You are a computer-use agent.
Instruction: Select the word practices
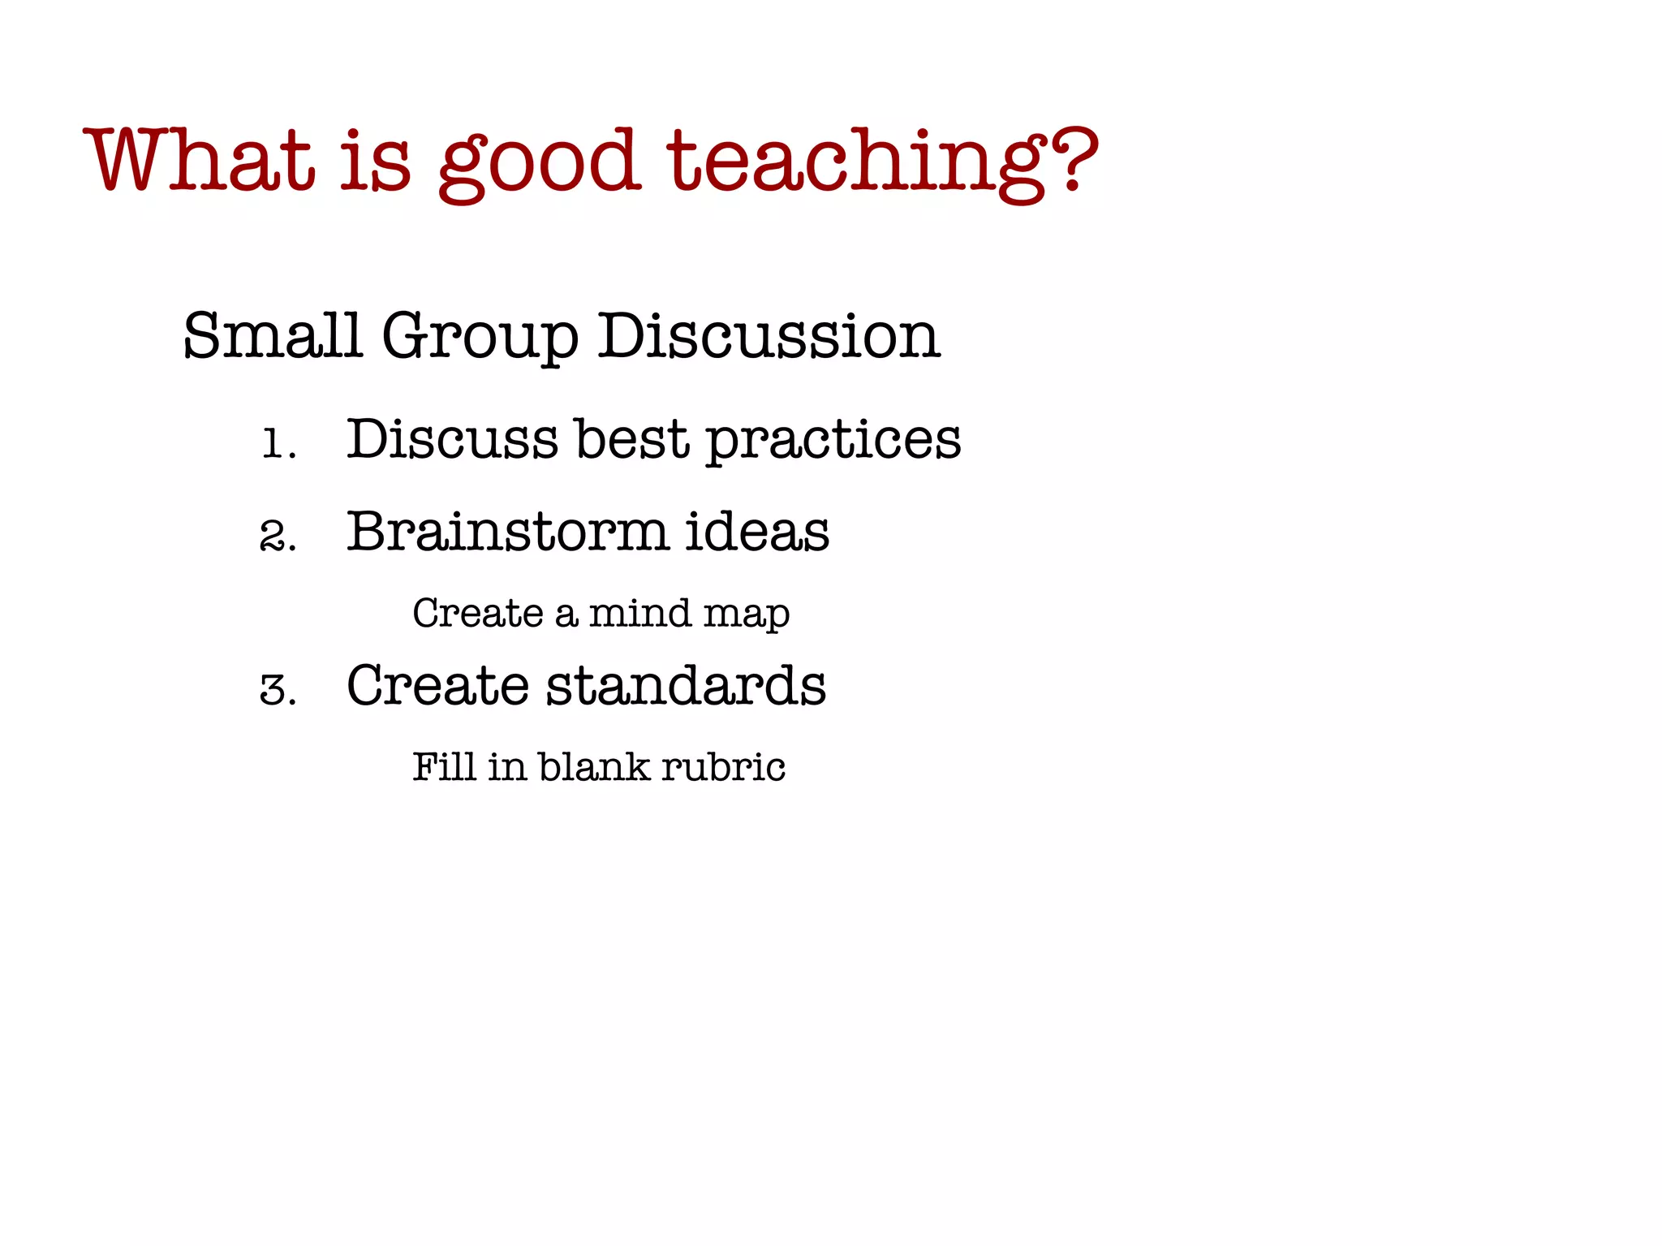point(833,442)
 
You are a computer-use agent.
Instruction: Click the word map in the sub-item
point(747,616)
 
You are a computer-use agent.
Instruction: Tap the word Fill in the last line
point(444,767)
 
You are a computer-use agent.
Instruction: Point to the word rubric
point(723,767)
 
